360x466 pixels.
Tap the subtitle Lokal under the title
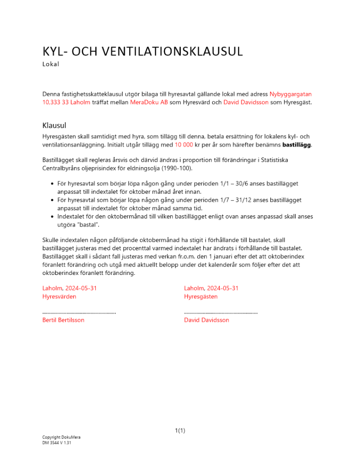pos(51,64)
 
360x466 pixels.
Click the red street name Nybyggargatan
pos(291,94)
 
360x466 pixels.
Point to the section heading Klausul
pos(55,125)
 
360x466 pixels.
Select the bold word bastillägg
pos(296,145)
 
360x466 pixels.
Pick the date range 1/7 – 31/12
pos(258,200)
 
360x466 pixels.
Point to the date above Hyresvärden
pos(70,288)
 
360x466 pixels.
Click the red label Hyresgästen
pos(201,296)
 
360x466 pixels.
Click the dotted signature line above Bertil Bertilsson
pos(79,313)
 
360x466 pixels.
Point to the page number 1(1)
pos(180,431)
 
